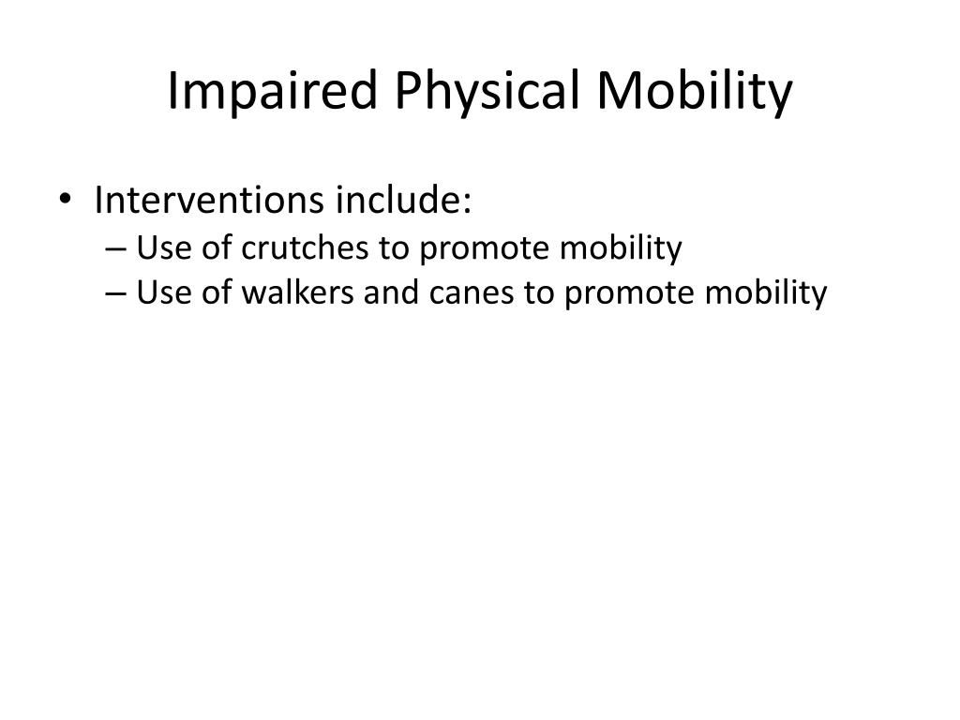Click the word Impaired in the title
[x=272, y=91]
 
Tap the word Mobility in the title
[x=695, y=91]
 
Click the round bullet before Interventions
[x=65, y=199]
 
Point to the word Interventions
[x=209, y=200]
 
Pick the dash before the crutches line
[x=115, y=249]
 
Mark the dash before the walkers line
[x=115, y=293]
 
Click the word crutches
[x=305, y=247]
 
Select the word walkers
[x=297, y=292]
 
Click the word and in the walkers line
[x=392, y=292]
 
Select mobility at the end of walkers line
[x=766, y=293]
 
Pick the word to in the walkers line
[x=539, y=293]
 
